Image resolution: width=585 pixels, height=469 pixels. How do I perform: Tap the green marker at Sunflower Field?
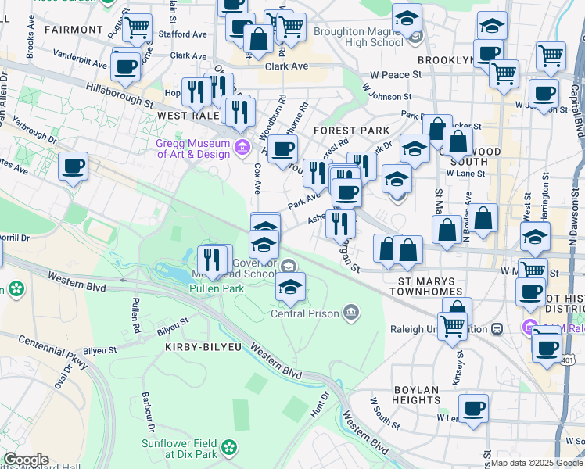229,447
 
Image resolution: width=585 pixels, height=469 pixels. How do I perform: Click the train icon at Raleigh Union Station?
495,329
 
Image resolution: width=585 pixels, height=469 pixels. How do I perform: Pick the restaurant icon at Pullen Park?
212,257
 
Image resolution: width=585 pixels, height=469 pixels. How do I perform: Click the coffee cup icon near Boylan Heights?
473,407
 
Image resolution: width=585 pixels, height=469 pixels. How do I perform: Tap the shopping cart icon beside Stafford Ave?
138,27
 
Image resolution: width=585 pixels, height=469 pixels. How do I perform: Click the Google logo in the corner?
25,460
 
